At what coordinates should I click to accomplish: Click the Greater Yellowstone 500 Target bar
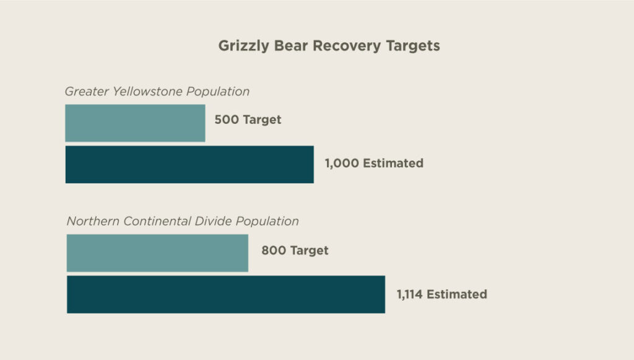(135, 123)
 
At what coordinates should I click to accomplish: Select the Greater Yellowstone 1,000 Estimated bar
(189, 164)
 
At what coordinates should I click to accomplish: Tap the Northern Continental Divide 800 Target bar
(157, 253)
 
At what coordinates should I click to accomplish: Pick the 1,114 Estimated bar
(226, 294)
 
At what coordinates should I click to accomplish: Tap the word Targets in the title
(412, 46)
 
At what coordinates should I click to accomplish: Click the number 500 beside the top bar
(227, 120)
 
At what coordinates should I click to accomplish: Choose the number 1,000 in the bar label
(342, 164)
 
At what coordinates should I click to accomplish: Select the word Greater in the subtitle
(87, 92)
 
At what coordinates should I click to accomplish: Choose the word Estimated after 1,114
(457, 294)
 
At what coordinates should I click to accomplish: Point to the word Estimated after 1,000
(393, 164)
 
